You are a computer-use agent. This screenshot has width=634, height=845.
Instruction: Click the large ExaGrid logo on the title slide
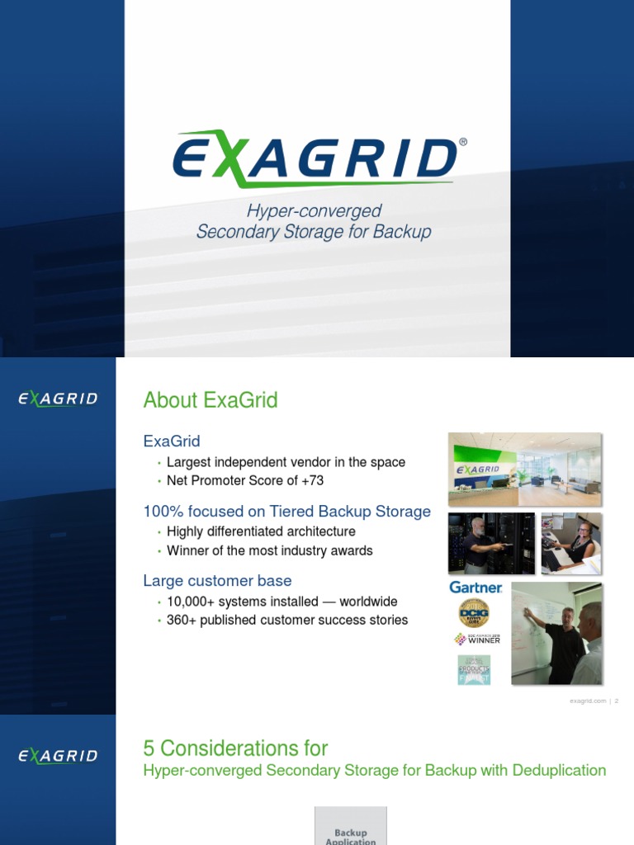click(314, 159)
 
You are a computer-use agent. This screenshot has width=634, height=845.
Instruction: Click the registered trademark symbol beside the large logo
click(462, 142)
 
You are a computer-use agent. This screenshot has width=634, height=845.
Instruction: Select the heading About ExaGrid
click(211, 400)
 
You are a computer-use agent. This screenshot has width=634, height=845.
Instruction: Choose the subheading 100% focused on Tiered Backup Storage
click(287, 512)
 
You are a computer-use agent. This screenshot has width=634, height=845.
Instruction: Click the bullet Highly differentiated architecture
click(261, 531)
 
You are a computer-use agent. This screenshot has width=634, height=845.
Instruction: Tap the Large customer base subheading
click(217, 581)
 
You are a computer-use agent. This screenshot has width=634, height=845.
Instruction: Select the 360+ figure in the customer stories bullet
click(183, 620)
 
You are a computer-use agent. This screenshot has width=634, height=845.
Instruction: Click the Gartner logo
click(475, 588)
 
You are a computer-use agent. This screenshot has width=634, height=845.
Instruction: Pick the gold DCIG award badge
click(474, 612)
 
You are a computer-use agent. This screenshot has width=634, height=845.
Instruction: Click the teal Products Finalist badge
click(474, 669)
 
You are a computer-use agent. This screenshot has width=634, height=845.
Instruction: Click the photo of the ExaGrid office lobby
click(524, 469)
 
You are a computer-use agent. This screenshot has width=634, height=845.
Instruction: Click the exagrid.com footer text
click(585, 701)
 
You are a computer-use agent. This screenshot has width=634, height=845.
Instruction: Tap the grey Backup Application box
click(350, 827)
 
